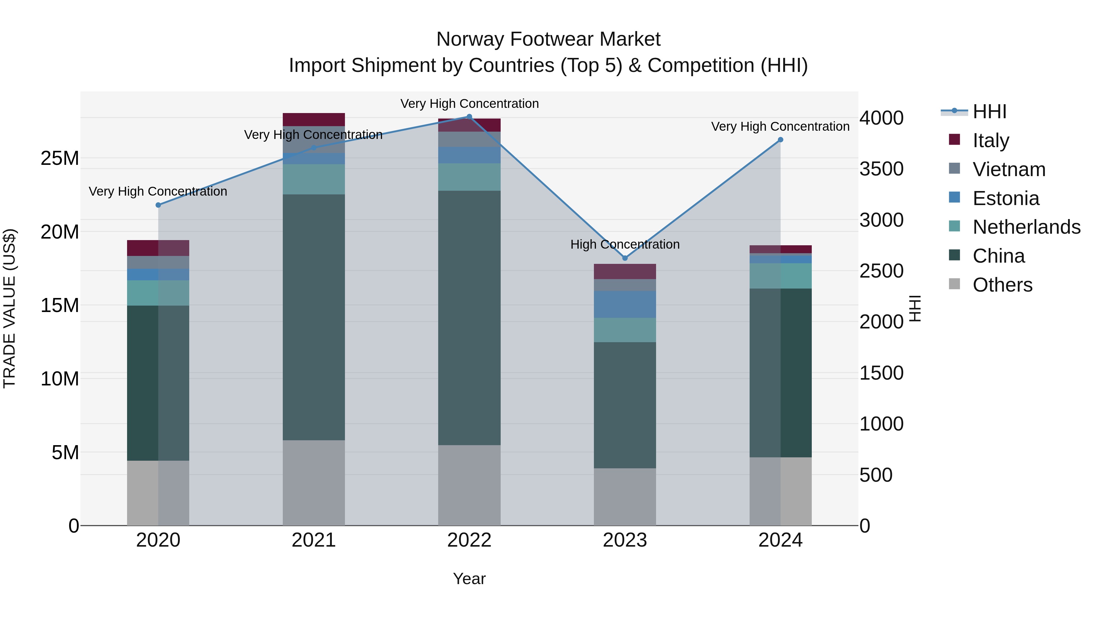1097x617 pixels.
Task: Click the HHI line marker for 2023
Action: click(625, 258)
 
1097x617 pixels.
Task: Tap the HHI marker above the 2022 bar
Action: click(469, 117)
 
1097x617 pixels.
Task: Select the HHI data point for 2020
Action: click(158, 205)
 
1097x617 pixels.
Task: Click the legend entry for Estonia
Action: click(1006, 198)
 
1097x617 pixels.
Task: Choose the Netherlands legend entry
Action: click(1026, 227)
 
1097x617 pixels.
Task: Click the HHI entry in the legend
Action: click(989, 112)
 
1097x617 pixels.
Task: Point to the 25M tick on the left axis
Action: click(60, 158)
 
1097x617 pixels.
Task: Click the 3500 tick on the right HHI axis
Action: click(881, 169)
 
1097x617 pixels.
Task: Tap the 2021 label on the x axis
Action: click(314, 540)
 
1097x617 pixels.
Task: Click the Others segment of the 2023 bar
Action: click(625, 497)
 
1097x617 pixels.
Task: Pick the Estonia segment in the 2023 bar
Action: click(625, 304)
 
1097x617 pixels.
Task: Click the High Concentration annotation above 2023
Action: click(625, 244)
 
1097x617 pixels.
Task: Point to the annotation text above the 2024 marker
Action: click(780, 126)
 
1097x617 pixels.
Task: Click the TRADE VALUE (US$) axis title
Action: click(9, 308)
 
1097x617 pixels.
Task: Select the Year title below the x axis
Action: click(469, 579)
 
